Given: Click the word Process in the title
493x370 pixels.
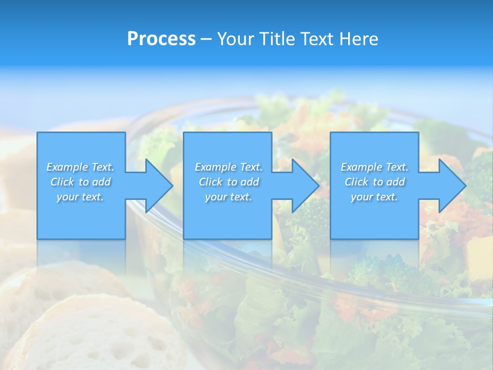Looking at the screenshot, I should click(161, 39).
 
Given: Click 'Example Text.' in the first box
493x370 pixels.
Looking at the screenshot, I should click(80, 167).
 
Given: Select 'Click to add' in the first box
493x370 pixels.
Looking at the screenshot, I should click(80, 182).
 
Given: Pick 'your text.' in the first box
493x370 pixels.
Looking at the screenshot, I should click(80, 197).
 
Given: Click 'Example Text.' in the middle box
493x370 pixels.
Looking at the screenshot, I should click(229, 167).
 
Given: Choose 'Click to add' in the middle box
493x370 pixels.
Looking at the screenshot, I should click(229, 182).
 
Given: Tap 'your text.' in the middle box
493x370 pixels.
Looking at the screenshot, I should click(229, 197).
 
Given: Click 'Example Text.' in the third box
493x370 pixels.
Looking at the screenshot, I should click(374, 167).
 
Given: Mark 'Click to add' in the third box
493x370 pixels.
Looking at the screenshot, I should click(374, 182).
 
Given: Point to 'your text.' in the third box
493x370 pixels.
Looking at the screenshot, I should click(374, 197).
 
